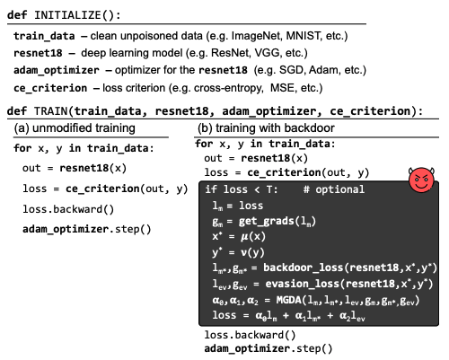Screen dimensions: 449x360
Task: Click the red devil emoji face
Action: click(x=421, y=180)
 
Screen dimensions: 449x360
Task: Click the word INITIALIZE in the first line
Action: click(x=68, y=15)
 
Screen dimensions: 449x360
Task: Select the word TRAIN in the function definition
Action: click(x=51, y=111)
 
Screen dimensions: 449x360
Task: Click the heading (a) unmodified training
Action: click(x=75, y=128)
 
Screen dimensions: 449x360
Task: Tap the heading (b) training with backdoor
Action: click(x=266, y=128)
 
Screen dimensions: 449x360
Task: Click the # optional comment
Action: click(x=334, y=189)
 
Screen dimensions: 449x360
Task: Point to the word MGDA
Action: click(x=288, y=300)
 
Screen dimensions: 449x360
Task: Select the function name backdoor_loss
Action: click(x=303, y=268)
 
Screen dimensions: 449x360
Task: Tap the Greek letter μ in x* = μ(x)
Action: click(x=244, y=237)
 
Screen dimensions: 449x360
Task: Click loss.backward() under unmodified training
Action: click(x=68, y=209)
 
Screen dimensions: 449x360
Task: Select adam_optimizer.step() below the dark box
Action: click(x=269, y=349)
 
